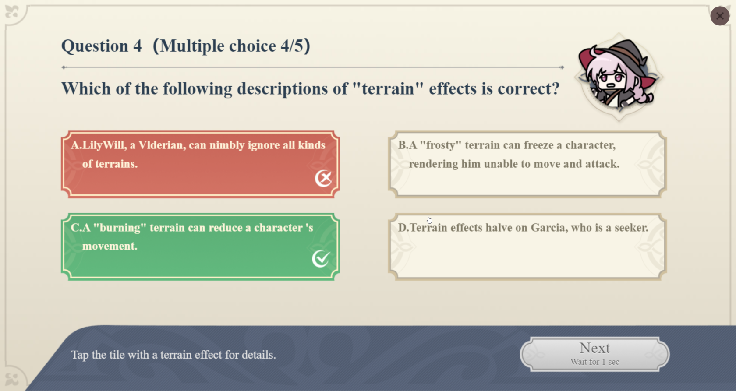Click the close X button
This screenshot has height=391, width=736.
click(x=719, y=16)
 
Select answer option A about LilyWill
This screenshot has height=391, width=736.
click(x=201, y=164)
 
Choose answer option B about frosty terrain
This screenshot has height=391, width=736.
click(x=527, y=164)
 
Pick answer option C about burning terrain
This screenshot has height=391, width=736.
click(x=201, y=247)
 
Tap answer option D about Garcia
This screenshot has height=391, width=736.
click(x=527, y=247)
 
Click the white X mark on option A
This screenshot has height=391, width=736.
click(x=324, y=178)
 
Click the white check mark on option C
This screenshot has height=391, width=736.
click(x=321, y=259)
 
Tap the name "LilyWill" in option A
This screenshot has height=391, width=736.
click(x=103, y=145)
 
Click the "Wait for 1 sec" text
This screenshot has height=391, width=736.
click(x=595, y=362)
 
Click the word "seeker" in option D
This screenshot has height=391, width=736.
click(x=630, y=228)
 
